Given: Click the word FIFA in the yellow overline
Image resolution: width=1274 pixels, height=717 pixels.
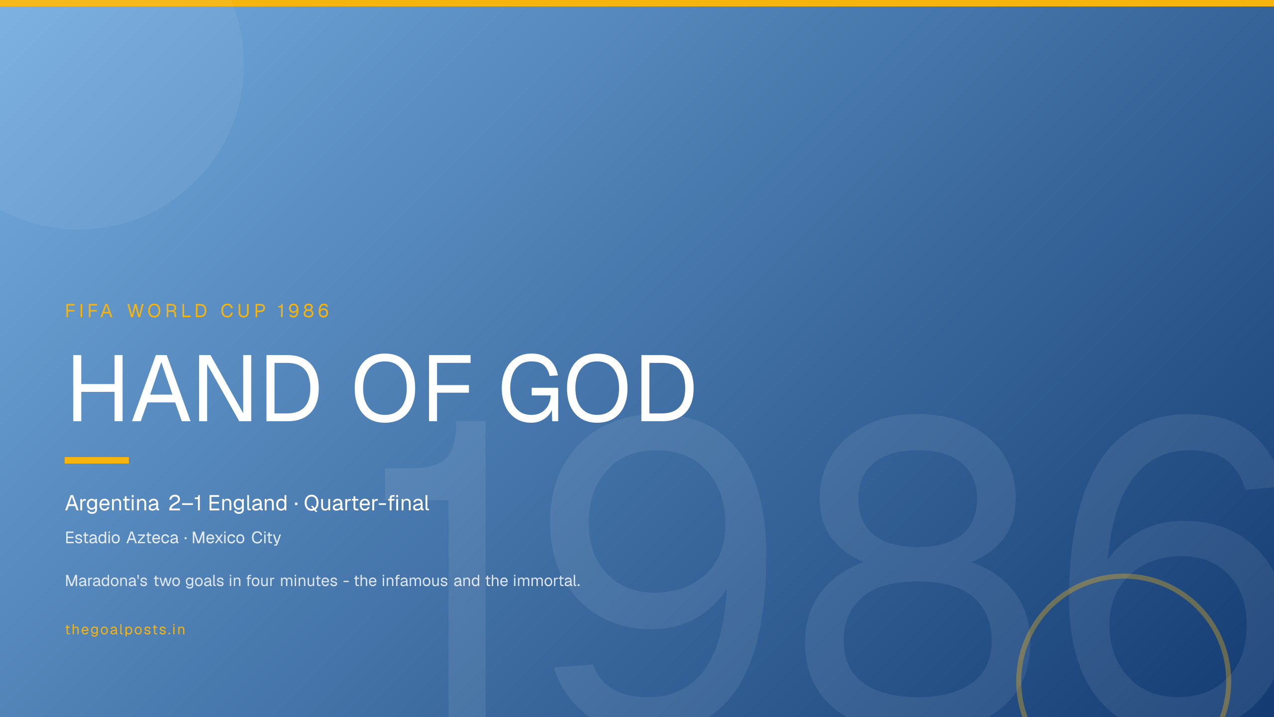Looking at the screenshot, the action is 89,311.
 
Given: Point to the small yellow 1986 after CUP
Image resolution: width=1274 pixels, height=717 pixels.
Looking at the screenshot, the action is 304,311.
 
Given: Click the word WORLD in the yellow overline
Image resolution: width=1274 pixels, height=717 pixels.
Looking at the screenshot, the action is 167,311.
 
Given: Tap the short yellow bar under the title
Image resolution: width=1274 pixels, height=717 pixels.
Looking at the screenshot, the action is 97,460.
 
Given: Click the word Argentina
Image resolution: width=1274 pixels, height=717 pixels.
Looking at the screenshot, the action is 112,503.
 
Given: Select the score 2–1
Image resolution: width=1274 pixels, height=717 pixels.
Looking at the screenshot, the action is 185,503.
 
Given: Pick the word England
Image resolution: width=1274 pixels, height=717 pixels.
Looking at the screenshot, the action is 248,503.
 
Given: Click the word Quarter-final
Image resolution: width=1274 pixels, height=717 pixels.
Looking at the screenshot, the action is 367,503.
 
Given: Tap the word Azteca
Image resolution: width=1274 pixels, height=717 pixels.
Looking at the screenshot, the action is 152,538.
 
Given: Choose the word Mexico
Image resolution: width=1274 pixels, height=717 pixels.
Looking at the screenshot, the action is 218,538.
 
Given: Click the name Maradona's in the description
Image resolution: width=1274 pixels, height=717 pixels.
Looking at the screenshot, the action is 106,581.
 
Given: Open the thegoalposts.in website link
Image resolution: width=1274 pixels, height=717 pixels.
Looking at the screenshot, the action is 125,630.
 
